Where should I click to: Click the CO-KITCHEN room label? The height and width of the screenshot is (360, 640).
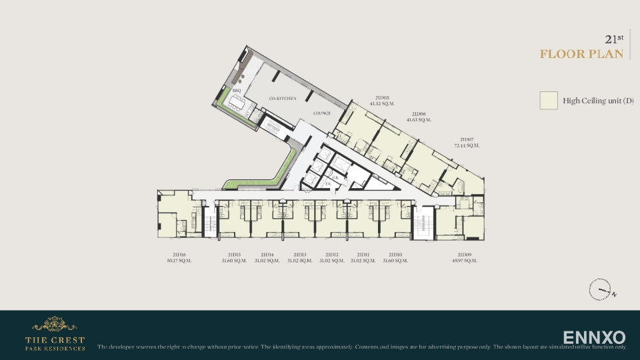pyautogui.click(x=283, y=99)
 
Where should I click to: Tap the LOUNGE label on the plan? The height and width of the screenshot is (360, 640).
pyautogui.click(x=322, y=113)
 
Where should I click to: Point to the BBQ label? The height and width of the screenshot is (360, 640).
pyautogui.click(x=236, y=91)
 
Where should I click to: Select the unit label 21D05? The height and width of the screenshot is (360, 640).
pyautogui.click(x=382, y=98)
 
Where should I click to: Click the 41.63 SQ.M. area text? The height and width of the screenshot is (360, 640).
pyautogui.click(x=420, y=120)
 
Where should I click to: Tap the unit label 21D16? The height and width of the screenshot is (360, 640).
pyautogui.click(x=179, y=255)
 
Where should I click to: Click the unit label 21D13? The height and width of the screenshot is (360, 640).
pyautogui.click(x=300, y=255)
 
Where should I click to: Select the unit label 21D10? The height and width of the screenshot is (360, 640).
pyautogui.click(x=395, y=255)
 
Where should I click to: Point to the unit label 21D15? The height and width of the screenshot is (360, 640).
pyautogui.click(x=234, y=255)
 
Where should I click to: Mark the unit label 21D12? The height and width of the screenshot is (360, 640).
pyautogui.click(x=332, y=255)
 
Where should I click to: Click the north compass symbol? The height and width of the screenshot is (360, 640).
pyautogui.click(x=600, y=290)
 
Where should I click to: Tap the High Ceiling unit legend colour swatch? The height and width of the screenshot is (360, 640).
pyautogui.click(x=549, y=101)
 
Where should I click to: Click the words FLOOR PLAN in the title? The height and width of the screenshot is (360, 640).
pyautogui.click(x=581, y=54)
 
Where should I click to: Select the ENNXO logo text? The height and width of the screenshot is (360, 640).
pyautogui.click(x=594, y=337)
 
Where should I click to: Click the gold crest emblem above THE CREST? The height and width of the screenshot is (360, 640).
pyautogui.click(x=55, y=325)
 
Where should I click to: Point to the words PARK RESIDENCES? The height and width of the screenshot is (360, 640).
pyautogui.click(x=55, y=348)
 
